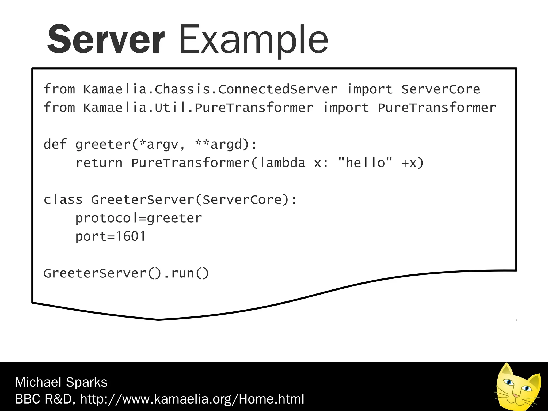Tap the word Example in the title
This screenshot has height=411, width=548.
click(253, 40)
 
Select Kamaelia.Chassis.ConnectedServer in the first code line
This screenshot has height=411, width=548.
click(210, 89)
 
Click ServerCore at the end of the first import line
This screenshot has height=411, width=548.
click(441, 89)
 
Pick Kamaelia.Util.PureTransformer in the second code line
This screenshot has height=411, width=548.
click(198, 108)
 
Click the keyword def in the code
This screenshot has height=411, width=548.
click(55, 144)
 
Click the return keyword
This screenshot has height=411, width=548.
click(99, 163)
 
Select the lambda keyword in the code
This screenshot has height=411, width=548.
click(283, 163)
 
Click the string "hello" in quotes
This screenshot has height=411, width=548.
click(365, 163)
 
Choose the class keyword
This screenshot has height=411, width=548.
click(63, 200)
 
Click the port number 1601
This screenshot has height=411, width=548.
click(131, 236)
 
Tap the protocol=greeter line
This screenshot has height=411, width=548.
click(139, 218)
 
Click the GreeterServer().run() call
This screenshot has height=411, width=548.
click(126, 273)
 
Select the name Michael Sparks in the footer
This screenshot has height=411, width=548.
click(61, 382)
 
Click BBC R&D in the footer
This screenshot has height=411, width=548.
click(43, 399)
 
